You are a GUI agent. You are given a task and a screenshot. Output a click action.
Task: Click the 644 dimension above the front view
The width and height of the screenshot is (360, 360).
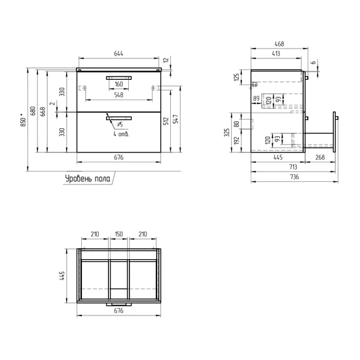click(118, 54)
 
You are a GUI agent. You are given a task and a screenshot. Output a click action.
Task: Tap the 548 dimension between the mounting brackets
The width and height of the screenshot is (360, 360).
click(118, 95)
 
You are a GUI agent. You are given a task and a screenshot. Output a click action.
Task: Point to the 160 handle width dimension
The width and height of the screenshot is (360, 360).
click(118, 84)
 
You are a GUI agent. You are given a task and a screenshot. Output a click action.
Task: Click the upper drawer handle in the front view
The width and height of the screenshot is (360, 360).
click(118, 78)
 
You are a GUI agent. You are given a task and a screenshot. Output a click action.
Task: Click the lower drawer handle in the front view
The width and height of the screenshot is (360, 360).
click(118, 118)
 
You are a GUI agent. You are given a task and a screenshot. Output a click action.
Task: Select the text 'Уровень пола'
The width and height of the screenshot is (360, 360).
click(88, 179)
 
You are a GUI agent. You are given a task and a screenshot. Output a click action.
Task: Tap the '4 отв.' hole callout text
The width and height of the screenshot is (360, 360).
click(121, 134)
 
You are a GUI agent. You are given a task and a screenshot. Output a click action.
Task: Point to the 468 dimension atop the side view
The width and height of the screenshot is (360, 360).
click(279, 44)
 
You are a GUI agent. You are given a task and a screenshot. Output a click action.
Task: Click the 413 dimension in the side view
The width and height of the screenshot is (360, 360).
click(276, 54)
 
